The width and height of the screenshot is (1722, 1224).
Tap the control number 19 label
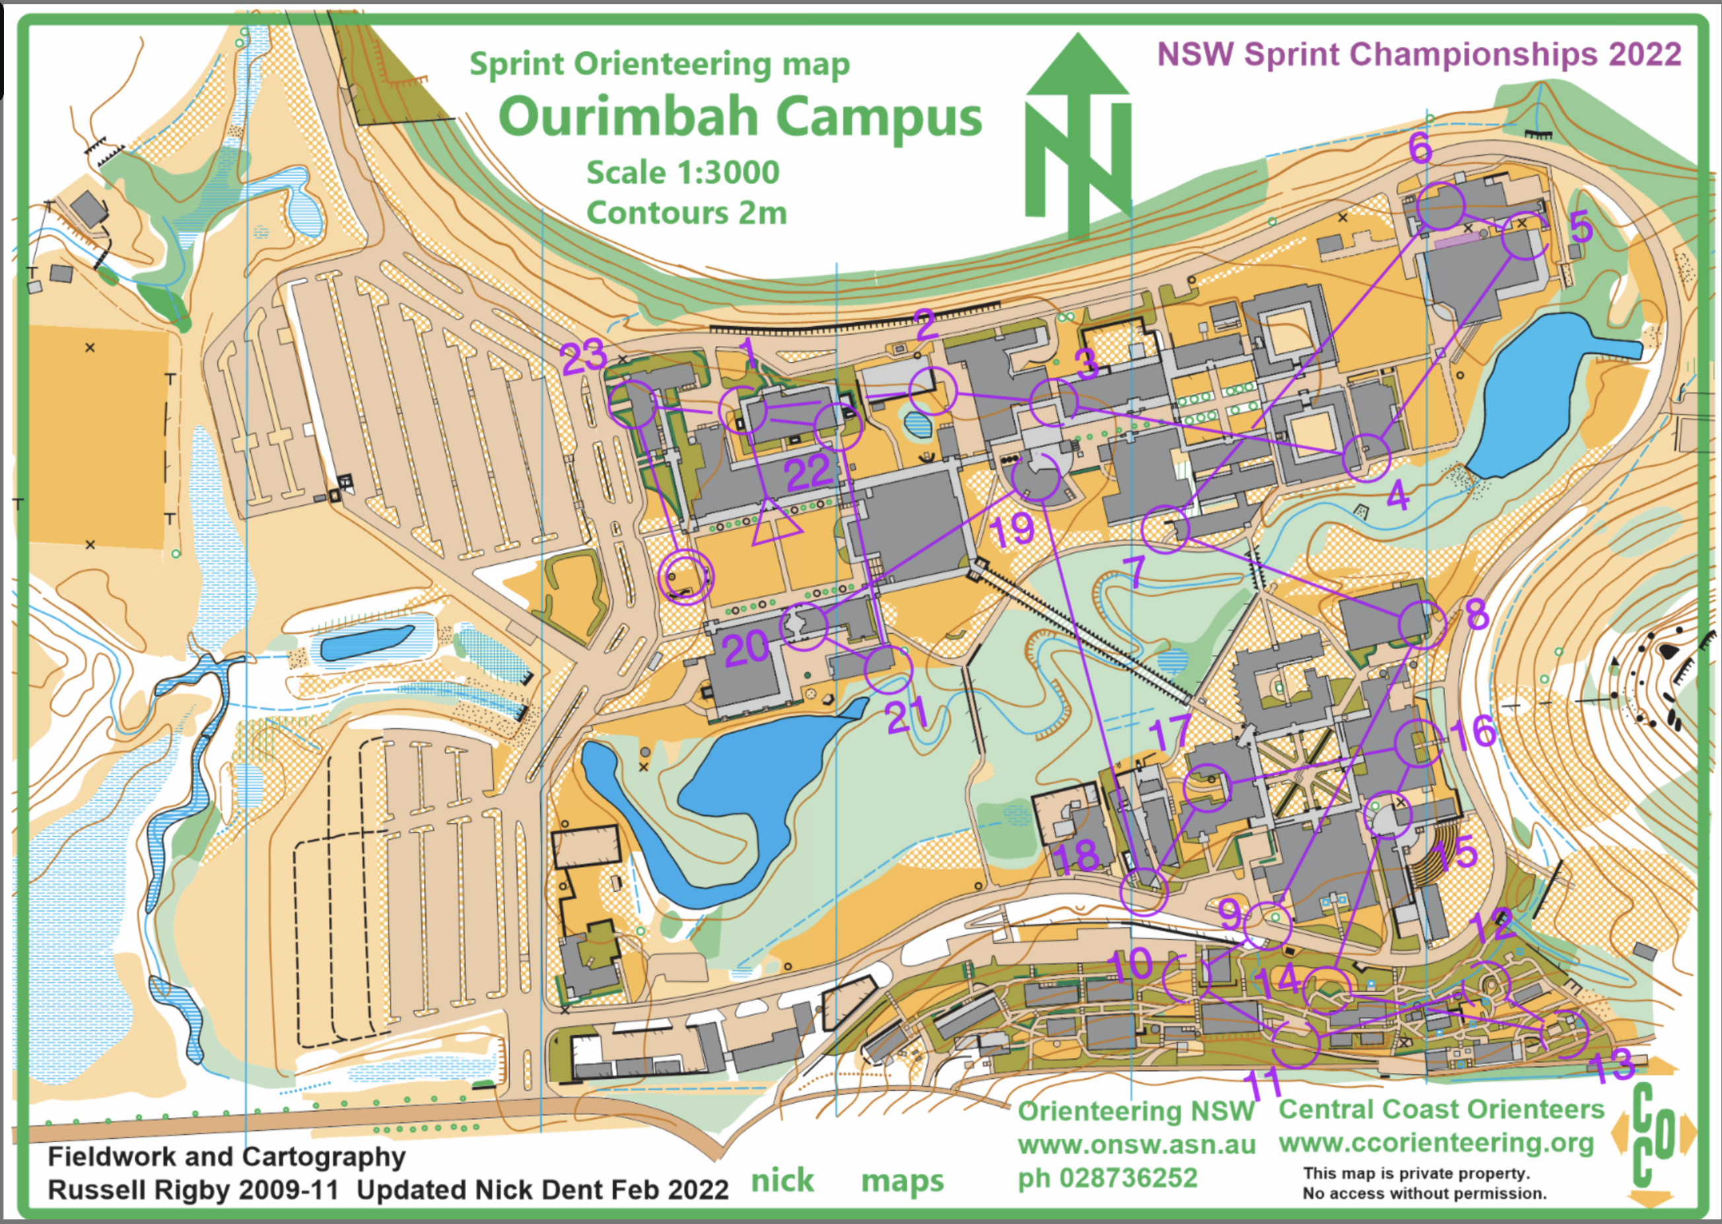(1012, 530)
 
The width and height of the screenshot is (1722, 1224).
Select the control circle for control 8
(1422, 624)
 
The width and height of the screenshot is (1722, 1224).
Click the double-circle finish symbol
(686, 577)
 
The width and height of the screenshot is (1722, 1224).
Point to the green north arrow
(1078, 135)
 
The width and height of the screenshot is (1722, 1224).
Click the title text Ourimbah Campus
(740, 118)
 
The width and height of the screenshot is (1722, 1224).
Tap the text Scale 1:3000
(683, 172)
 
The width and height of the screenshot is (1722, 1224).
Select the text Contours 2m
(687, 213)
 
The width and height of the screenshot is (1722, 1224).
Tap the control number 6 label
(1420, 148)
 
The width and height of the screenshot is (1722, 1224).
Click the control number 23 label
(583, 356)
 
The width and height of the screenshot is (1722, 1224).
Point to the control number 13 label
(1611, 1066)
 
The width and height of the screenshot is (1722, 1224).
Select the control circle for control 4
(1366, 458)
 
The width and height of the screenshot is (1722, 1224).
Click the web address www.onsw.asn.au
(1136, 1145)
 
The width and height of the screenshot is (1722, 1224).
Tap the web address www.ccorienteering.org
(1436, 1143)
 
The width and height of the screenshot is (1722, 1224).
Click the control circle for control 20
(804, 626)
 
